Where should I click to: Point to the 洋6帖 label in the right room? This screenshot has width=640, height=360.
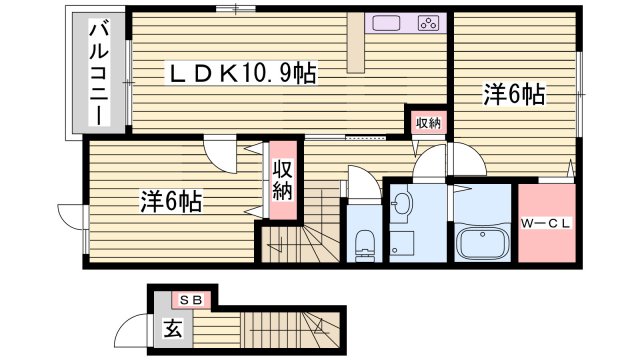(514, 95)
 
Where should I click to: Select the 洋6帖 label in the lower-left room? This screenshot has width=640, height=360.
(170, 201)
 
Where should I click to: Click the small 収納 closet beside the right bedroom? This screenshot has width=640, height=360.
(428, 122)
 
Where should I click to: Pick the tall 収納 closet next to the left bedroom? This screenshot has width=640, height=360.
(282, 180)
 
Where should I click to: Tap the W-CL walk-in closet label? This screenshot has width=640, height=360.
(547, 223)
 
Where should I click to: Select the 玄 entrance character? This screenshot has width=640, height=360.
(173, 327)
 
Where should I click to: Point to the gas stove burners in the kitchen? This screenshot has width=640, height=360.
(427, 23)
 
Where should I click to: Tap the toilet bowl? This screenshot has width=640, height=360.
(366, 240)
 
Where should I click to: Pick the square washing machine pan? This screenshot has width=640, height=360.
(403, 243)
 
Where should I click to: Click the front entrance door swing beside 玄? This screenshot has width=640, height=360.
(132, 329)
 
